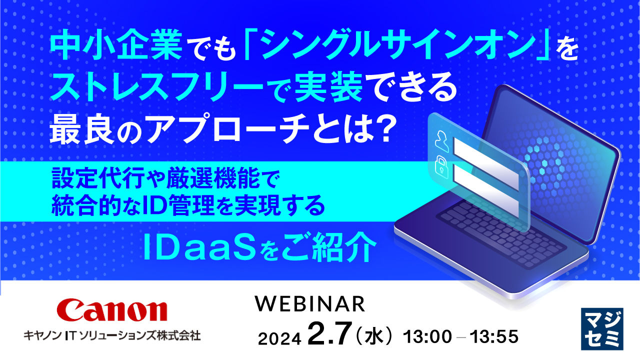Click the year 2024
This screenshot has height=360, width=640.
279,339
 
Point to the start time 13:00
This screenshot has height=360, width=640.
427,336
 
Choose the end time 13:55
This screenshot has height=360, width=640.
494,336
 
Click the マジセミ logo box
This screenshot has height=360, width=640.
602,329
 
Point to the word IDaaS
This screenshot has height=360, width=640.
199,247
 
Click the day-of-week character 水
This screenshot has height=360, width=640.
374,335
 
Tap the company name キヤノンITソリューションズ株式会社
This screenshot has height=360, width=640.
112,335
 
